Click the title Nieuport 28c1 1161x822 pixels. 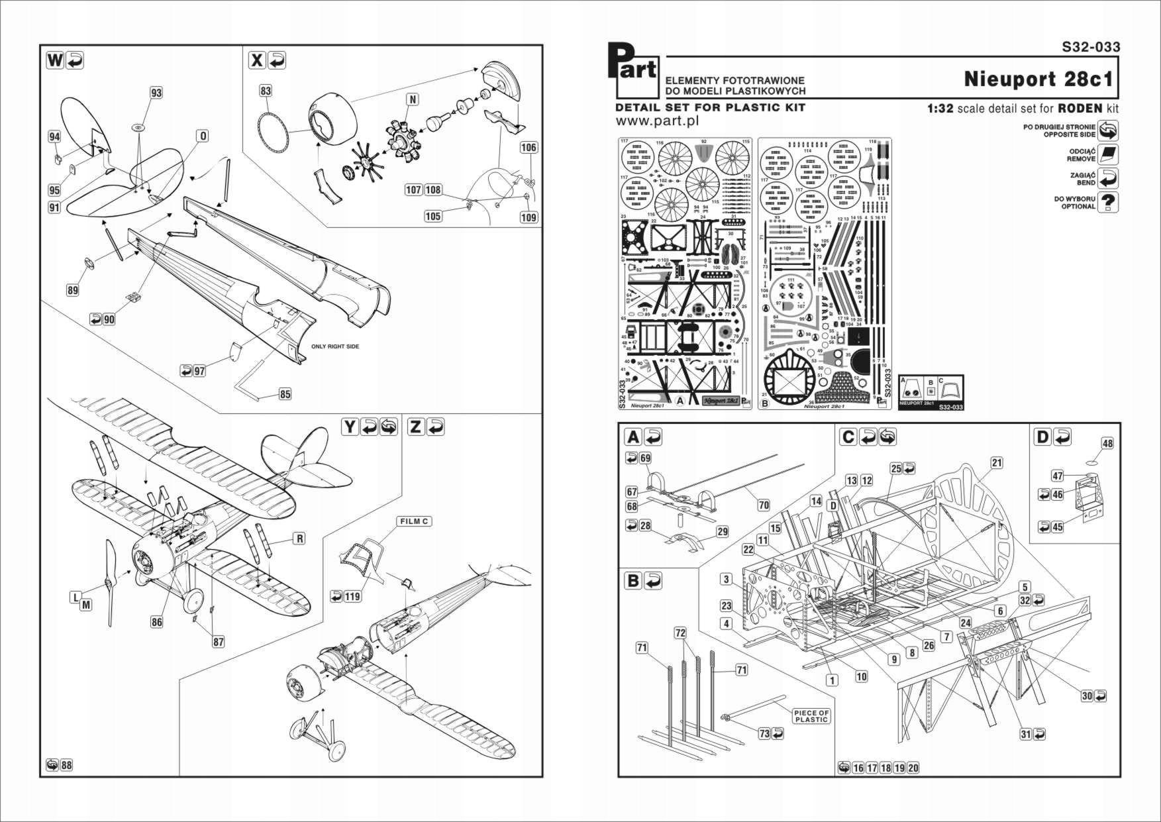pyautogui.click(x=1038, y=79)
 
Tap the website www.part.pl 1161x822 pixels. pyautogui.click(x=657, y=121)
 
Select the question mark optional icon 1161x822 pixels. pyautogui.click(x=1108, y=202)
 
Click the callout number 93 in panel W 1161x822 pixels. pyautogui.click(x=156, y=93)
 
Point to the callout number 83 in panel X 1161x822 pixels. pyautogui.click(x=266, y=91)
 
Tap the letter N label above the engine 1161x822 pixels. pyautogui.click(x=413, y=99)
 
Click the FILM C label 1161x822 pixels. pyautogui.click(x=414, y=521)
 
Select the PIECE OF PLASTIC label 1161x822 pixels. pyautogui.click(x=811, y=716)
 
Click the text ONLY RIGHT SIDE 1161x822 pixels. pyautogui.click(x=335, y=346)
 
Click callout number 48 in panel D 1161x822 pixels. pyautogui.click(x=1107, y=444)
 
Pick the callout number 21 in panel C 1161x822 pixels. pyautogui.click(x=997, y=463)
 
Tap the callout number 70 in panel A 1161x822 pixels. pyautogui.click(x=764, y=505)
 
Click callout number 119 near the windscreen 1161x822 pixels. pyautogui.click(x=352, y=596)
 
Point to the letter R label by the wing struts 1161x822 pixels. pyautogui.click(x=299, y=539)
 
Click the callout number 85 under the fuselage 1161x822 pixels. pyautogui.click(x=285, y=394)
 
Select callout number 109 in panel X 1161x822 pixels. pyautogui.click(x=529, y=217)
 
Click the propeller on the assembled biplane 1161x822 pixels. pyautogui.click(x=110, y=583)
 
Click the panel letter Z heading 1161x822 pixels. pyautogui.click(x=415, y=427)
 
